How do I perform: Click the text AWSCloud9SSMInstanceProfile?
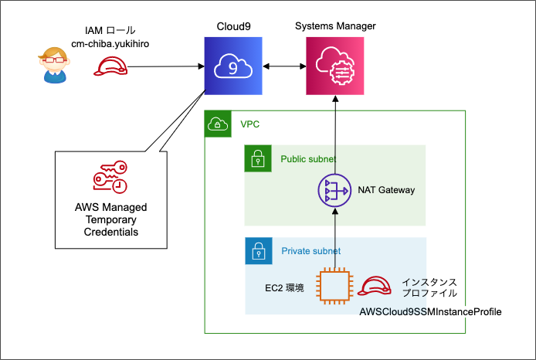pyautogui.click(x=430, y=312)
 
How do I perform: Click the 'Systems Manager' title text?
pyautogui.click(x=335, y=26)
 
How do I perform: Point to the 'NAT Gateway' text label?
pyautogui.click(x=386, y=190)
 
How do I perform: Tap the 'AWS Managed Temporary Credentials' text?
pyautogui.click(x=108, y=220)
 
